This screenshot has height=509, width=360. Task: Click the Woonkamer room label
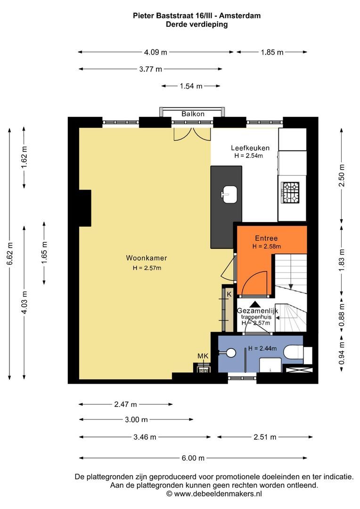coord(147,258)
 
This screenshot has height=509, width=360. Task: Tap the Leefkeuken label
coord(250,148)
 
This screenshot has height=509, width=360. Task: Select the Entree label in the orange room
coord(266,238)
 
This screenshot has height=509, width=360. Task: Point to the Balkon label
coord(193,114)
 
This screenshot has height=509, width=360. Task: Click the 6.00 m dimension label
coord(193,458)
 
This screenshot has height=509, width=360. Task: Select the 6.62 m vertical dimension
coord(10,254)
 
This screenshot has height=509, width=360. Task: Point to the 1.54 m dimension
coord(191,86)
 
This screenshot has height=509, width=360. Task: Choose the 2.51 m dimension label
coord(265,437)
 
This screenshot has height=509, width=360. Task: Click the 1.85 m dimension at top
coord(272,52)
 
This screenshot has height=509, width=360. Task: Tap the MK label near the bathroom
coord(203,356)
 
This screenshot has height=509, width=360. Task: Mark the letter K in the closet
coord(229,295)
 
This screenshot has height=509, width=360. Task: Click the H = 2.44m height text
coord(262,348)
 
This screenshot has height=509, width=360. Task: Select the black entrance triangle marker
coord(255,304)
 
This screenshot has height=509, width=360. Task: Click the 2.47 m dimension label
coord(125,404)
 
